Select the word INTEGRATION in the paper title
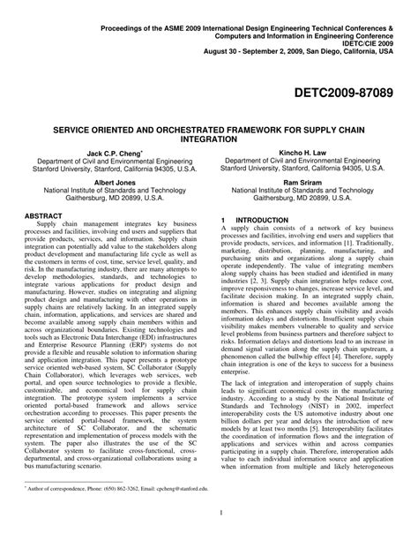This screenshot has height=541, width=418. [x=208, y=139]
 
